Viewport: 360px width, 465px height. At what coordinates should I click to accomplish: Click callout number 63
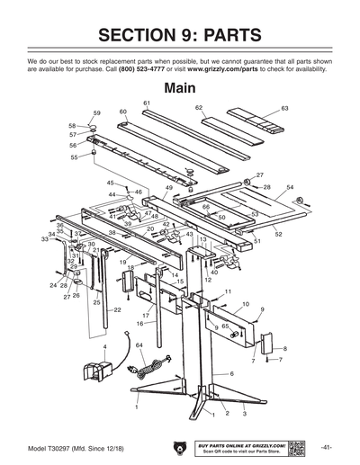tap(284, 108)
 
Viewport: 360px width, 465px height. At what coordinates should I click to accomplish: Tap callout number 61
tap(146, 103)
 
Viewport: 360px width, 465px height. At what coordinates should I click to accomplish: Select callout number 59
tap(97, 112)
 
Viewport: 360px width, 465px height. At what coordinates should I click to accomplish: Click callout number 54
tap(290, 187)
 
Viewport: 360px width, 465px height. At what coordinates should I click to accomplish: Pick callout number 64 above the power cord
tap(139, 345)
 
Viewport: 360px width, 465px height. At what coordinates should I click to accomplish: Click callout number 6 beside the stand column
tap(231, 373)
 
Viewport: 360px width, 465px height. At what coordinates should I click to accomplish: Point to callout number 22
tap(117, 309)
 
